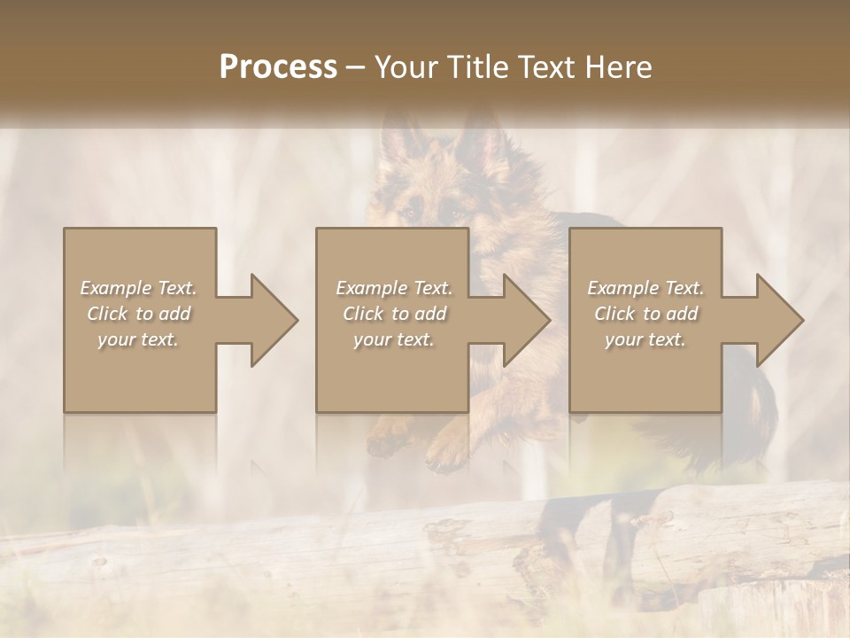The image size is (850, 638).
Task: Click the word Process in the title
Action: tap(278, 67)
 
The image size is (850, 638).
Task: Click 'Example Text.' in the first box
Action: tap(138, 288)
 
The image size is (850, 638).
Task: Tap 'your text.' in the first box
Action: tap(138, 339)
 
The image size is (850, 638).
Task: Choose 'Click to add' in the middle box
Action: tap(394, 314)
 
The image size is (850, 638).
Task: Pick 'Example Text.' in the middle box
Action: tap(394, 288)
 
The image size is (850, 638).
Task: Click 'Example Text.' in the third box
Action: tap(645, 288)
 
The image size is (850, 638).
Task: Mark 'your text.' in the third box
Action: tap(645, 339)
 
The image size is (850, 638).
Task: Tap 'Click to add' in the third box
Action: tap(645, 314)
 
